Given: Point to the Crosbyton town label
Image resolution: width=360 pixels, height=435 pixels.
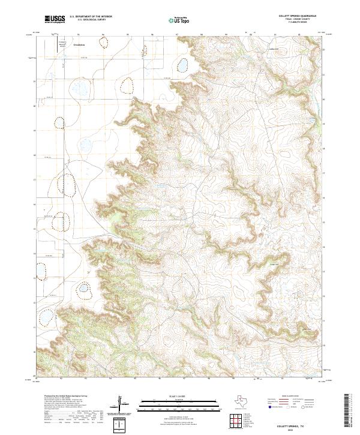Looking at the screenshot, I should pos(79,44).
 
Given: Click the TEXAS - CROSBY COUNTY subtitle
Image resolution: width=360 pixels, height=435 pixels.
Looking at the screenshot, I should pos(298,19).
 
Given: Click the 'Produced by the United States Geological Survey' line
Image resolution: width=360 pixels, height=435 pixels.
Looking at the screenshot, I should pos(65,396).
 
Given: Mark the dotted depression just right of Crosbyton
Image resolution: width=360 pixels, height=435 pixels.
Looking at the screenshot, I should pos(105,43).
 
